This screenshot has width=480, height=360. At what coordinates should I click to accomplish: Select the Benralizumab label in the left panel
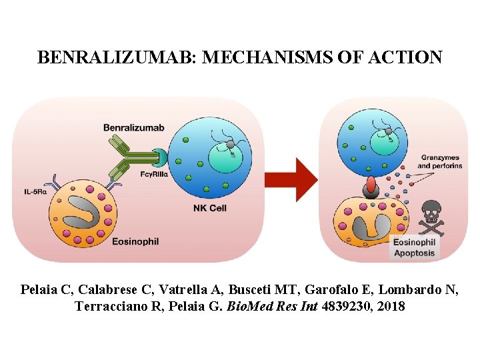point(133,127)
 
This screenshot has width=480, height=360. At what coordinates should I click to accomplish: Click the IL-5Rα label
point(35,192)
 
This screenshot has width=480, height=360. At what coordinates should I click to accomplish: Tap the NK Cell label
point(209,208)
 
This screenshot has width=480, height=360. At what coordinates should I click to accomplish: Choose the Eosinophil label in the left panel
point(135,241)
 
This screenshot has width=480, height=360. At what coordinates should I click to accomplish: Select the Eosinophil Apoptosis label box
point(414,247)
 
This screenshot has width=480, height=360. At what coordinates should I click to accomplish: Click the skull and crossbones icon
point(431,214)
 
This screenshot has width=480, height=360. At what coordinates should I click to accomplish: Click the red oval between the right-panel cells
point(371,184)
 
